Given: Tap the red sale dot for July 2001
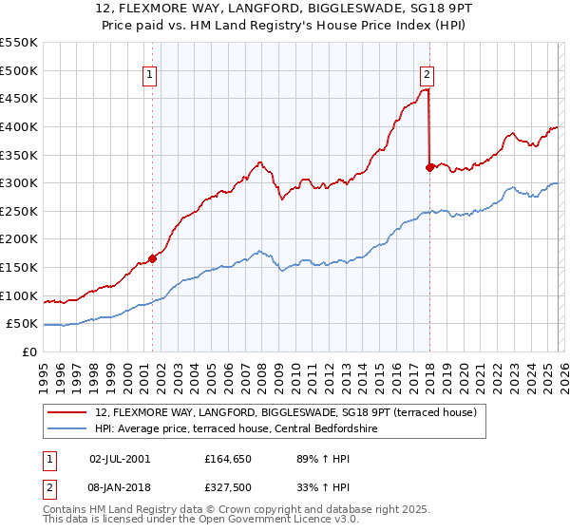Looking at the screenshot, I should [152, 258].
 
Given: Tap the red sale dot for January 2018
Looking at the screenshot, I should [429, 167].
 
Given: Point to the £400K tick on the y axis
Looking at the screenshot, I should [19, 126].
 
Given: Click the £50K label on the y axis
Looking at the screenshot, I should [22, 324].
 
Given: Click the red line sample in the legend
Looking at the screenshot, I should [68, 411].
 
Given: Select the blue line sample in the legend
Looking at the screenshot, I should [68, 428].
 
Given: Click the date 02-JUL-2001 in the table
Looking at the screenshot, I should [119, 458].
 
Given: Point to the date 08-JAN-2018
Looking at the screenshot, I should [119, 486].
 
